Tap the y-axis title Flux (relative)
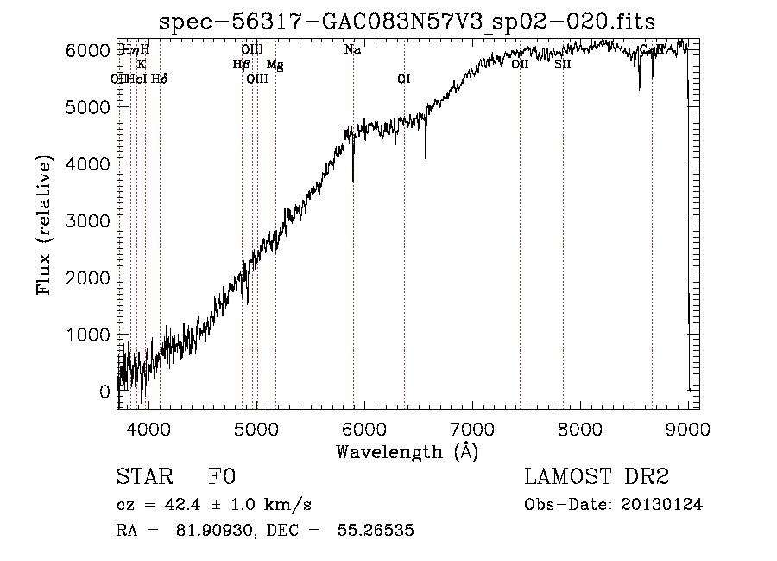tap(43, 225)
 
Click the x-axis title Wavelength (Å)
tap(407, 451)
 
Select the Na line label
tap(352, 50)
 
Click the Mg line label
tap(275, 64)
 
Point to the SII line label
tap(563, 64)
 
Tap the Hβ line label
tap(241, 64)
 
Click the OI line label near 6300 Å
tap(403, 79)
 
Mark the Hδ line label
tap(160, 79)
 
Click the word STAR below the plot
tap(143, 478)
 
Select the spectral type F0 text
tap(222, 478)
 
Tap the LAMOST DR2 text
tap(597, 478)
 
